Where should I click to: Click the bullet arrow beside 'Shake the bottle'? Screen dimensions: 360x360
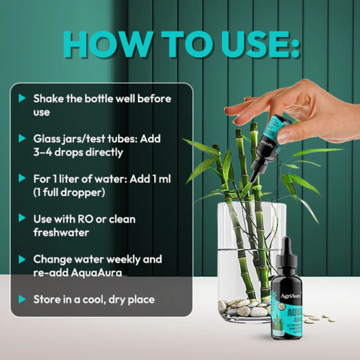[22, 98]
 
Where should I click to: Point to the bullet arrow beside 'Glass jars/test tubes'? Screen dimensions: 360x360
[22, 138]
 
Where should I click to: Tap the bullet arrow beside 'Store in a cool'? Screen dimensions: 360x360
[22, 299]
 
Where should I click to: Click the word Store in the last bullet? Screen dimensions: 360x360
[47, 299]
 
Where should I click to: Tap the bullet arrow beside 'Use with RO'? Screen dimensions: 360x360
[22, 219]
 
